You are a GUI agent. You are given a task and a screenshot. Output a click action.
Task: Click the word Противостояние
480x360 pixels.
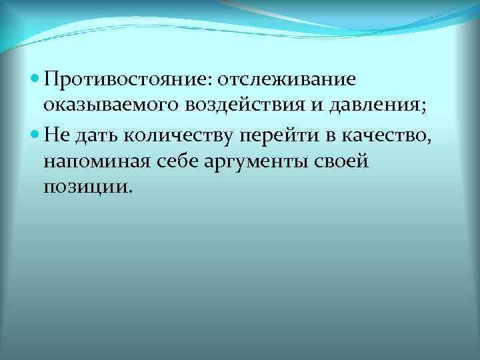point(125,80)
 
